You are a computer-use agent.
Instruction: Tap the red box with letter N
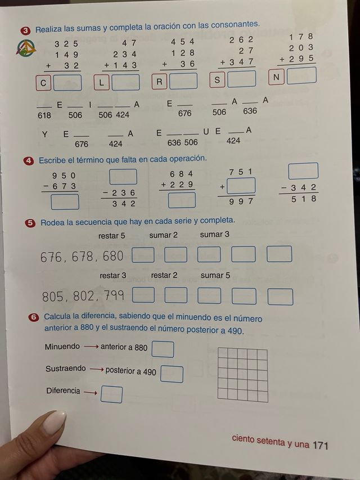pyautogui.click(x=276, y=77)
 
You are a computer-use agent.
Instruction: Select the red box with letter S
pyautogui.click(x=217, y=80)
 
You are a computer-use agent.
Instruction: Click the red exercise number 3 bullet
pyautogui.click(x=26, y=30)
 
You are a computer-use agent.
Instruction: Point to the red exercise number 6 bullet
pyautogui.click(x=34, y=317)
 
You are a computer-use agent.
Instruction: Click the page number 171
pyautogui.click(x=321, y=445)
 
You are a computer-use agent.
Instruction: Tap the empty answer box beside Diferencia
pyautogui.click(x=111, y=394)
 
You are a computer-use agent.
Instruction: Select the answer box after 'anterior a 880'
pyautogui.click(x=163, y=349)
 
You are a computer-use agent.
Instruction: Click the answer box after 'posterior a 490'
pyautogui.click(x=172, y=374)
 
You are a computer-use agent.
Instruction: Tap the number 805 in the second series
pyautogui.click(x=53, y=297)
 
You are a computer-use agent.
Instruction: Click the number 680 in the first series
pyautogui.click(x=112, y=257)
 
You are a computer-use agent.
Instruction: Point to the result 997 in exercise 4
pyautogui.click(x=242, y=201)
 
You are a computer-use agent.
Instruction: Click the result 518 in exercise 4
pyautogui.click(x=304, y=199)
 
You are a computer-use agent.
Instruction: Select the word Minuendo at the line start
pyautogui.click(x=62, y=347)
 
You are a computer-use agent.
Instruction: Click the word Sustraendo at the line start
pyautogui.click(x=66, y=369)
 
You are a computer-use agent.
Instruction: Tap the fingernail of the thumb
pyautogui.click(x=55, y=421)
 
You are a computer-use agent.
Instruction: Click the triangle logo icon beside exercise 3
pyautogui.click(x=26, y=48)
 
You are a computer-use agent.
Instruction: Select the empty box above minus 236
pyautogui.click(x=123, y=177)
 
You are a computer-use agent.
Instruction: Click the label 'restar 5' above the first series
pyautogui.click(x=111, y=235)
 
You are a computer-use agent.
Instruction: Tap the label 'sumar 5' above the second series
pyautogui.click(x=215, y=275)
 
